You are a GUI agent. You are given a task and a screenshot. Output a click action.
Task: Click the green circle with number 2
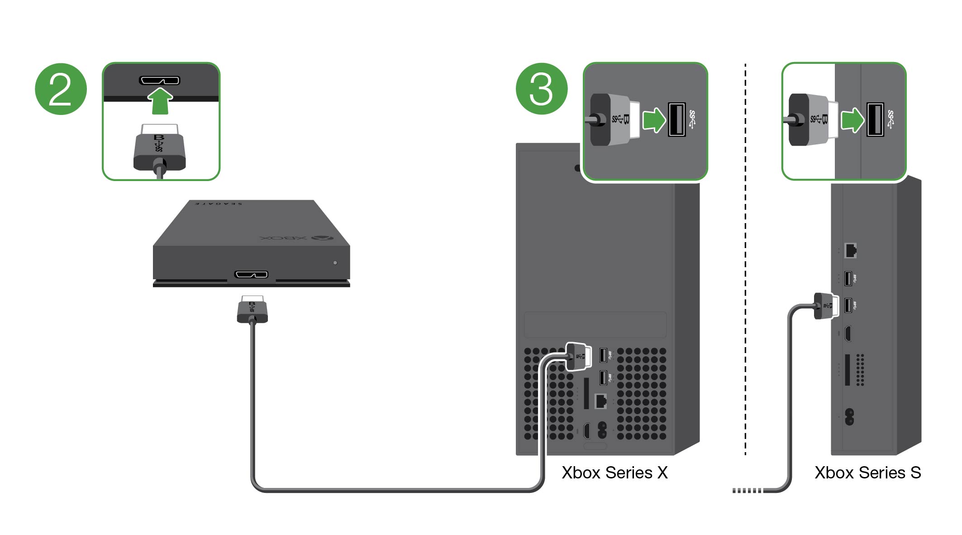61,89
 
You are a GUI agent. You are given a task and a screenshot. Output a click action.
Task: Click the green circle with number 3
542,89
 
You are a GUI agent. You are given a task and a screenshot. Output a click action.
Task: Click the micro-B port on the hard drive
251,274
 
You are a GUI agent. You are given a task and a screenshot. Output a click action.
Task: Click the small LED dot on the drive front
335,263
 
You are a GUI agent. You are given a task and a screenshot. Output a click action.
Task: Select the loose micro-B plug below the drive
252,310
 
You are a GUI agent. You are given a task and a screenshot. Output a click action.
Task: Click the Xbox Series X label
614,473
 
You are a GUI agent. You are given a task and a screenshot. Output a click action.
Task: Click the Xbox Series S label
867,473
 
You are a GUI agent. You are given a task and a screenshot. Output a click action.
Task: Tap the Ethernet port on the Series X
600,401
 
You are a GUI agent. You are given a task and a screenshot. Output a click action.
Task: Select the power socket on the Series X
602,430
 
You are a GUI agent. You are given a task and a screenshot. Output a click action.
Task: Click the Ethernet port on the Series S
851,250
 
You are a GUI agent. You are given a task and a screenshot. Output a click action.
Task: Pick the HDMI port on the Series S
848,334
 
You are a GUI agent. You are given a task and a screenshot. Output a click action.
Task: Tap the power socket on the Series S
849,416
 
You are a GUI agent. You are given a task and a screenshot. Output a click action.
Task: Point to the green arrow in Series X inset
654,120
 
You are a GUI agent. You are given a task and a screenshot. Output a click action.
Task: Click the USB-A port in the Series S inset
875,119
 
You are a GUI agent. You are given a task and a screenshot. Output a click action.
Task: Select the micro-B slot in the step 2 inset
159,81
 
